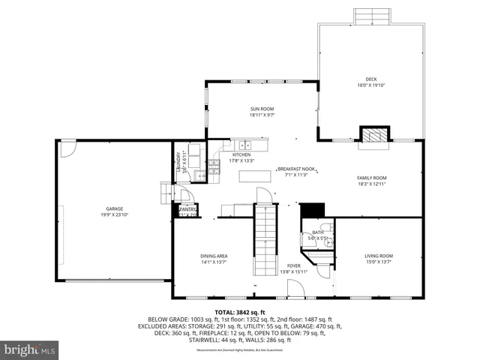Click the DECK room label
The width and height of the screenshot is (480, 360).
click(370, 79)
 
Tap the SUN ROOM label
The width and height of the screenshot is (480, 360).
click(262, 109)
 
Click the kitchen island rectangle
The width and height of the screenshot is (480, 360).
click(255, 177)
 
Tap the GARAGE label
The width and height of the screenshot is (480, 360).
click(114, 208)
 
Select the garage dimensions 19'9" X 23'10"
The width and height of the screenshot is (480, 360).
click(114, 214)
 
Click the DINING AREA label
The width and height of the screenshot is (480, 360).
click(214, 256)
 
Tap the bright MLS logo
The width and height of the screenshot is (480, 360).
click(31, 349)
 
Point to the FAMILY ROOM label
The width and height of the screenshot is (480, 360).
click(372, 178)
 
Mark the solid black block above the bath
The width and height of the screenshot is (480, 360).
click(311, 209)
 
